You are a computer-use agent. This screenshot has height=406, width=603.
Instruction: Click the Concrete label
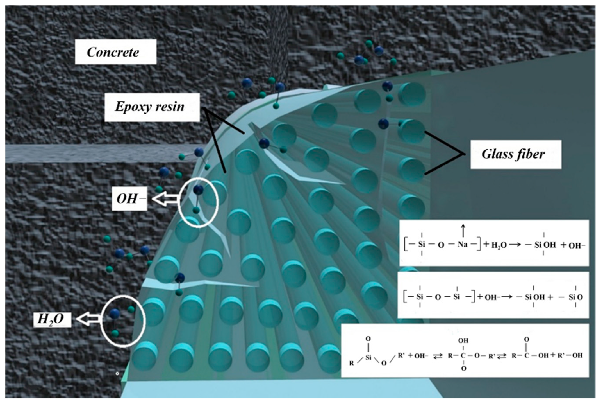coord(115,52)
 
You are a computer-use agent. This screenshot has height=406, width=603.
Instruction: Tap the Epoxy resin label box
coord(152,107)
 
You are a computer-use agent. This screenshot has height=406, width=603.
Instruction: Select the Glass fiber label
coord(515,154)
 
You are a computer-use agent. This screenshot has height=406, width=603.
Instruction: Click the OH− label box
coord(129,199)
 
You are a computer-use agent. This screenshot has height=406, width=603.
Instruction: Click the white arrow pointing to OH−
coord(165,199)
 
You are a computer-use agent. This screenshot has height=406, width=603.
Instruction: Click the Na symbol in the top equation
coord(462,245)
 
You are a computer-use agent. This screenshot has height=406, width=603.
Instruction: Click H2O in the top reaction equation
coord(499,245)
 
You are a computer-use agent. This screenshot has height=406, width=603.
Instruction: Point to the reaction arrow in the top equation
coord(515,245)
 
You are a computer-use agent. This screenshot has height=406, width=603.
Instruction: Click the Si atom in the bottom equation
coord(368,357)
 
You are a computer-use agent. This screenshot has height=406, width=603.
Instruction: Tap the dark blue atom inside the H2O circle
coord(114,314)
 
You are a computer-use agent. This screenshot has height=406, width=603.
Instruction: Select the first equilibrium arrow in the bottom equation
coord(438,356)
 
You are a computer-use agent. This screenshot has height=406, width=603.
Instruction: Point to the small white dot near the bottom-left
coord(117,374)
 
